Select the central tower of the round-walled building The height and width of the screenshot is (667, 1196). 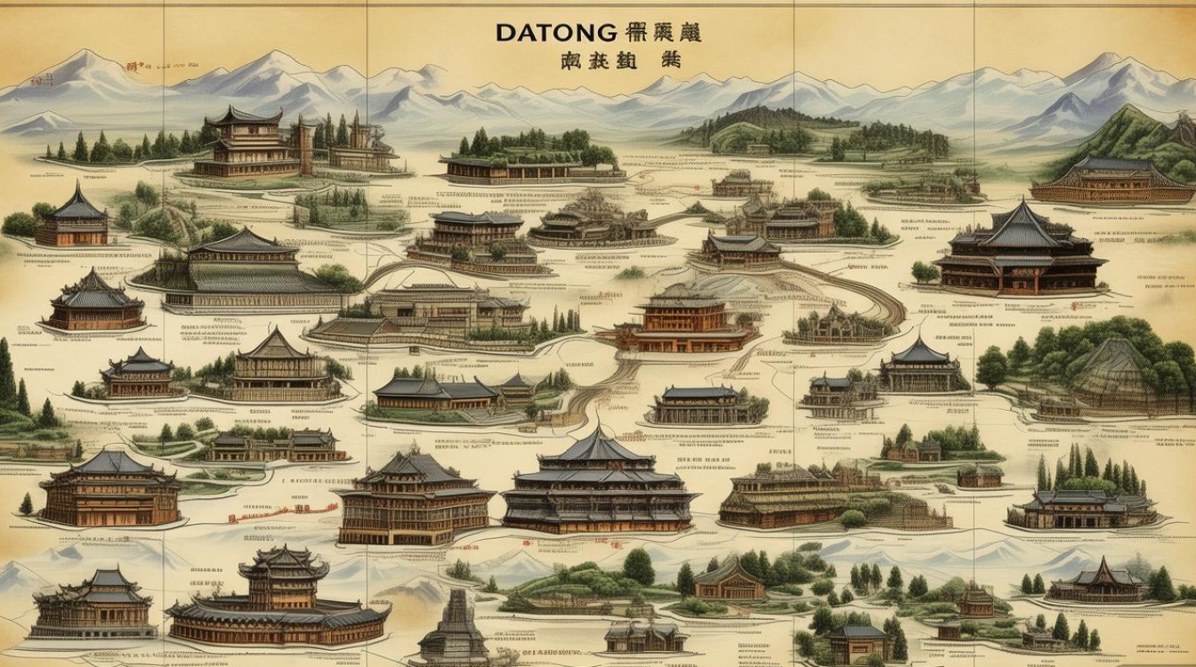click(283, 570)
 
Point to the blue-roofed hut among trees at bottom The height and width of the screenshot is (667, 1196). click(859, 640)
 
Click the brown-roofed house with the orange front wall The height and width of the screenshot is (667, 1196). click(730, 583)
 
